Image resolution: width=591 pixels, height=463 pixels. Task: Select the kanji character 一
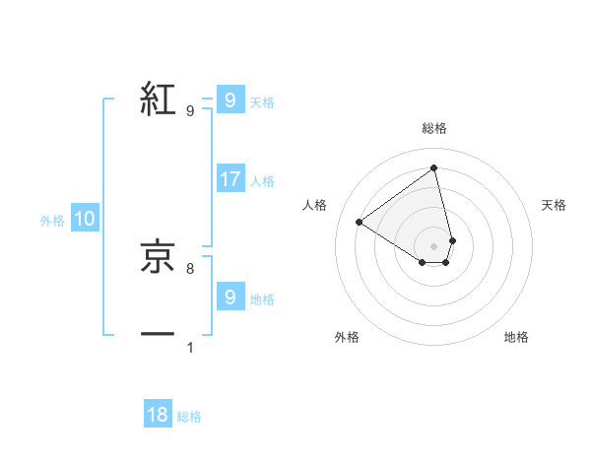[x=158, y=335]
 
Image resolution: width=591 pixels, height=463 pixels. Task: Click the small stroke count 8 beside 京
[x=189, y=268]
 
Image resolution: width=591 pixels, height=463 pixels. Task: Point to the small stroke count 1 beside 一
[x=189, y=347]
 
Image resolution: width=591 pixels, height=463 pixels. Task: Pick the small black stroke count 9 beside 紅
[x=189, y=111]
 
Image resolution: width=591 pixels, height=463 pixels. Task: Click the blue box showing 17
[x=230, y=179]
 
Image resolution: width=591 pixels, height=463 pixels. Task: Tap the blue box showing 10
[x=85, y=220]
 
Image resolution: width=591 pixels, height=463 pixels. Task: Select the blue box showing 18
[x=158, y=415]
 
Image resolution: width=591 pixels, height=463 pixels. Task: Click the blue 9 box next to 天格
[x=230, y=100]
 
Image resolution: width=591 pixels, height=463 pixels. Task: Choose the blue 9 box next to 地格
[x=230, y=297]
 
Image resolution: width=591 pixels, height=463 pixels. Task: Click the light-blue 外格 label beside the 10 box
[x=52, y=221]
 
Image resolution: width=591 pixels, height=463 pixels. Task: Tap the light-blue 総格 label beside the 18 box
[x=189, y=417]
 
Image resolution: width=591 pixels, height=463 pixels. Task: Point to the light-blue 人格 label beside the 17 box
[x=262, y=181]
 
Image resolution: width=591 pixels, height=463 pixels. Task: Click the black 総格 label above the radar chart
[x=433, y=128]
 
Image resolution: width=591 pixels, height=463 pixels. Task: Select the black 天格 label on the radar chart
[x=554, y=205]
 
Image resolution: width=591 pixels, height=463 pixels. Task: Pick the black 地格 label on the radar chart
[x=516, y=337]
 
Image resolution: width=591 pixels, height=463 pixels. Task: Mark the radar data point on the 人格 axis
[x=359, y=222]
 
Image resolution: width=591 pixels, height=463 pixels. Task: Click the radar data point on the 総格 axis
[x=433, y=167]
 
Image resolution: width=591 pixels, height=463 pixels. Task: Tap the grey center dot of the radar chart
[x=433, y=245]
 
